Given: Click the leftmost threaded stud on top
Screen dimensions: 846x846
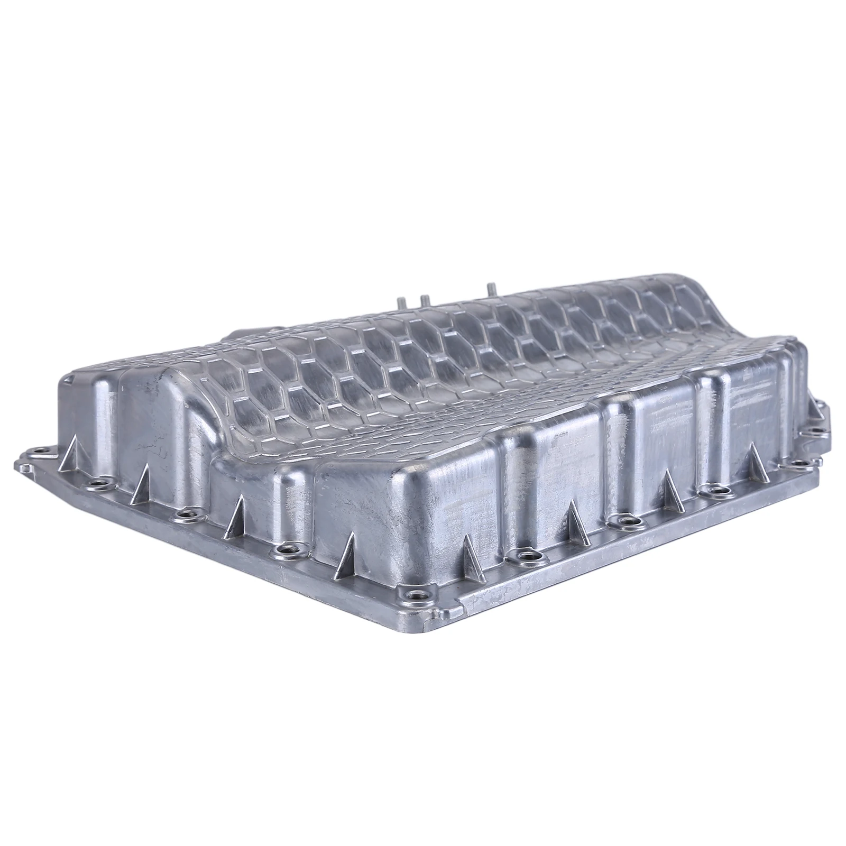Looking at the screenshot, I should click(401, 306).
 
